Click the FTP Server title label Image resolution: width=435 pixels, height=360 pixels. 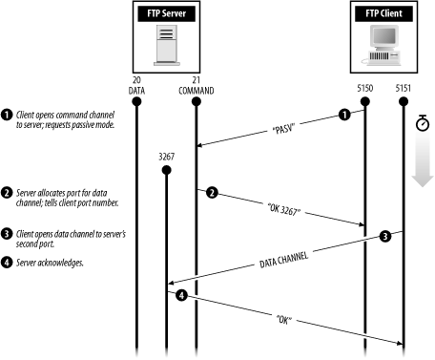(x=166, y=13)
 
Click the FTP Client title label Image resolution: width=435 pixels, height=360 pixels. (x=383, y=13)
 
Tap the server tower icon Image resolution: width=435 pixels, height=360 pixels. (x=167, y=45)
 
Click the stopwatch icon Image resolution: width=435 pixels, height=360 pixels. (x=423, y=123)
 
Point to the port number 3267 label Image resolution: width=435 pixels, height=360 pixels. (x=166, y=157)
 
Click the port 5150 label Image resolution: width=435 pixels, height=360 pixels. (x=364, y=88)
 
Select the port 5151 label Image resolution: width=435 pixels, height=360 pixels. (x=404, y=88)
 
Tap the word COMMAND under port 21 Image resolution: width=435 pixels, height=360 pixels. (x=197, y=91)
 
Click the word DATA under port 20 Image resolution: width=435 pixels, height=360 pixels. (x=136, y=91)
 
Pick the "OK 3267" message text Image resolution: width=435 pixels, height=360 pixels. (x=284, y=209)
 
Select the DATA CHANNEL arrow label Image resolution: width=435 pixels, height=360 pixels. (x=283, y=260)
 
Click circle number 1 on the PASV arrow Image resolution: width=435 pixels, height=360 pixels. (x=344, y=115)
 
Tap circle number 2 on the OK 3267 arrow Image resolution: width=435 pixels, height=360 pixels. (x=212, y=192)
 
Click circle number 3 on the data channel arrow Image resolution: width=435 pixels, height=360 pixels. (x=385, y=236)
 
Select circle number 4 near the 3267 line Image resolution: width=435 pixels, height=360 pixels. (x=181, y=295)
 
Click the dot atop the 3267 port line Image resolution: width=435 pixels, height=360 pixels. (x=166, y=170)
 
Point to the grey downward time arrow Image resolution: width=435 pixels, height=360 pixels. (x=423, y=160)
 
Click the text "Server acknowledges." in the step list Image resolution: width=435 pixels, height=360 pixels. (x=50, y=263)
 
